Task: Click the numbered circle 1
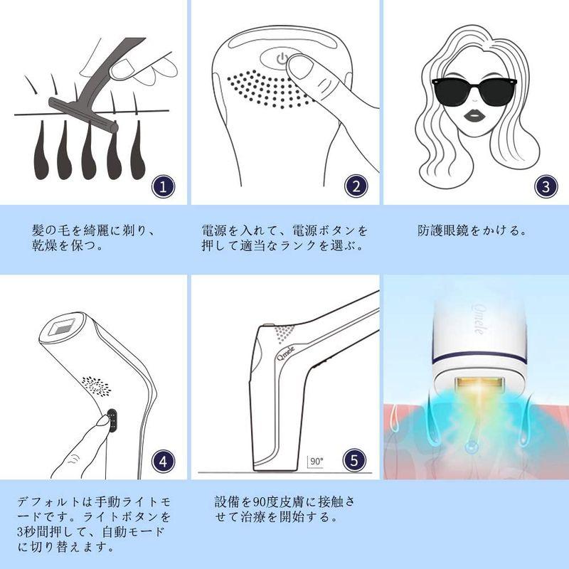(163, 187)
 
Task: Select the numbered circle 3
(546, 187)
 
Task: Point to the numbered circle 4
(163, 460)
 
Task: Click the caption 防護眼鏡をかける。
(472, 231)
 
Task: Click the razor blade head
(82, 114)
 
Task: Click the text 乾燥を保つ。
(69, 248)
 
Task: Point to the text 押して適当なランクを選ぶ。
(282, 248)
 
